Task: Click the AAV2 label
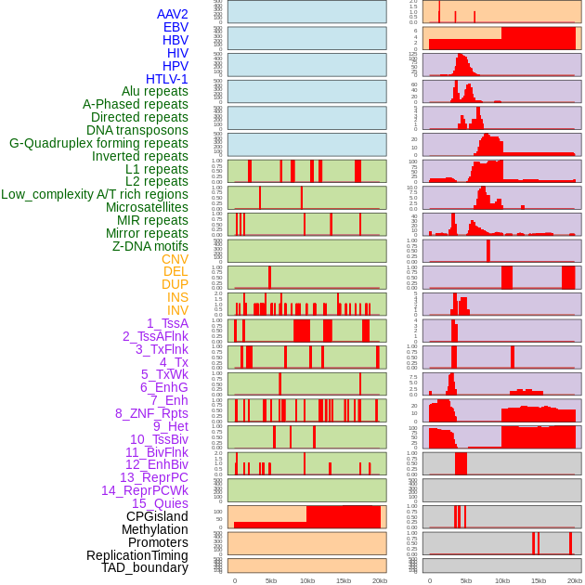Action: pos(173,14)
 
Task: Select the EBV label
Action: pos(175,27)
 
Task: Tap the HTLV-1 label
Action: pos(167,79)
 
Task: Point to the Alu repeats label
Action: pos(155,91)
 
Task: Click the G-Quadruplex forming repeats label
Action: pos(98,143)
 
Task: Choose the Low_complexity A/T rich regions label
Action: pos(95,194)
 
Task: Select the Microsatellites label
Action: pos(147,207)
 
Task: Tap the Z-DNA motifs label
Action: pos(150,246)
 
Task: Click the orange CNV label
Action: pos(175,259)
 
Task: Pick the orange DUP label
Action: pos(175,284)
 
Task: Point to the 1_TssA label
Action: pos(167,323)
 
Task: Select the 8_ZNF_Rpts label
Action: pos(151,413)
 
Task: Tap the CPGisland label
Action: pos(157,516)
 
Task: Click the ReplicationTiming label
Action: pos(137,555)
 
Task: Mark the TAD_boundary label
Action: pos(145,567)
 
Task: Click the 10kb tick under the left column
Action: pos(307,580)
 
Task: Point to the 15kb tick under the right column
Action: pos(539,580)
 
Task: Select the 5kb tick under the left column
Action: pos(271,580)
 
